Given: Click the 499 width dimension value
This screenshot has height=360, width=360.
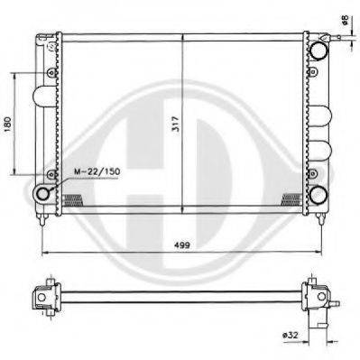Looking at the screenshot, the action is (182, 245).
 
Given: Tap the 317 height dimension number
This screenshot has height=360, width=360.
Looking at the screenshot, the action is (176, 124).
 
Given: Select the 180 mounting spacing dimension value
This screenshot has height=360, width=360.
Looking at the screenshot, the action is (7, 124).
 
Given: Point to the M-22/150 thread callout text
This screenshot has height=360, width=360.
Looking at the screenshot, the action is (97, 171).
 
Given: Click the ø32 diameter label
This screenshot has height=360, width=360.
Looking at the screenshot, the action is (291, 335).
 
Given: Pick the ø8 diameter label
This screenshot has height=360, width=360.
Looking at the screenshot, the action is (345, 21).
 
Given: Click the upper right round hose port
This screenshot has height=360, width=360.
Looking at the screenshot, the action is (318, 50).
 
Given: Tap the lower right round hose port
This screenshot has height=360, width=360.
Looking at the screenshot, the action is (318, 195).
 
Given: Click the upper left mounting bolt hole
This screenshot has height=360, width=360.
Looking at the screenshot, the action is (51, 72).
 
